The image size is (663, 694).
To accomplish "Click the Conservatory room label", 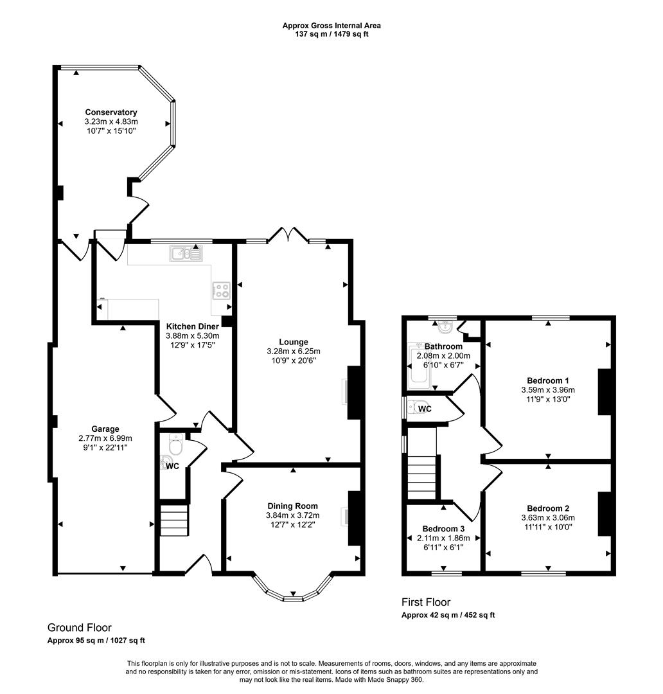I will pyautogui.click(x=111, y=112).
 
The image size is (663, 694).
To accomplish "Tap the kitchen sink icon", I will pyautogui.click(x=186, y=254).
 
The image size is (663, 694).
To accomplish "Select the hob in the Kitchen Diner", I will pyautogui.click(x=222, y=290).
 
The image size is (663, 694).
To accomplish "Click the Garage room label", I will pyautogui.click(x=105, y=429).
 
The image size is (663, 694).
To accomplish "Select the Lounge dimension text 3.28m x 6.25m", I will pyautogui.click(x=293, y=351).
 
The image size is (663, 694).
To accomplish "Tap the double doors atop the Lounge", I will pyautogui.click(x=287, y=235).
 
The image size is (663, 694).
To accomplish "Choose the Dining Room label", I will pyautogui.click(x=292, y=506).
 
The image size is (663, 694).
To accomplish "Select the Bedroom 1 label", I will pyautogui.click(x=547, y=380).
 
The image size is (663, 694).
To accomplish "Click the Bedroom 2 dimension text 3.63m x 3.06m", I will pyautogui.click(x=548, y=518).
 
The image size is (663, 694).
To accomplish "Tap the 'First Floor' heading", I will pyautogui.click(x=426, y=602).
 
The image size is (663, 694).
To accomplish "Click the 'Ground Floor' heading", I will pyautogui.click(x=80, y=627).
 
